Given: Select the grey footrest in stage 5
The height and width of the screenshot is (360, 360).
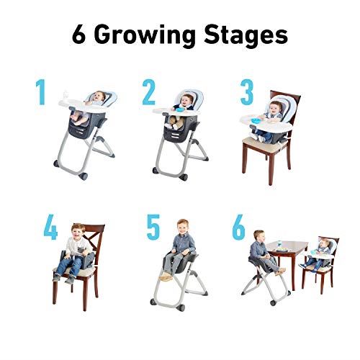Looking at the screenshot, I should pos(167,276).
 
